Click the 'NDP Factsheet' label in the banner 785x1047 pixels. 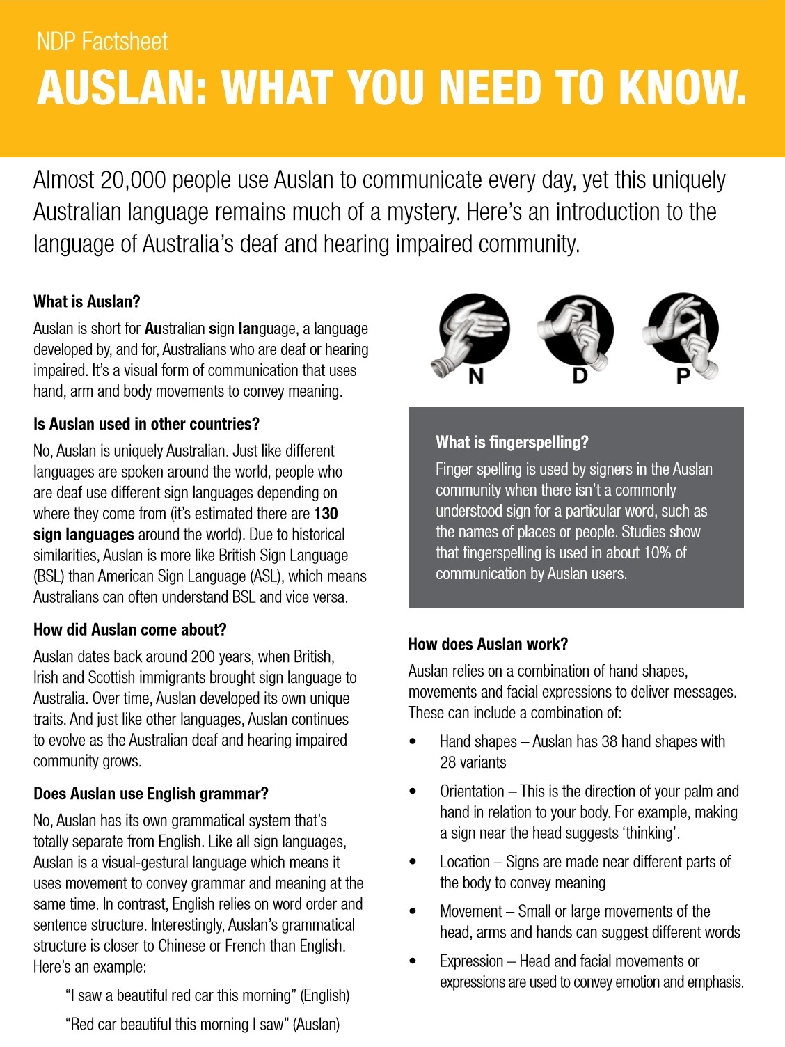(102, 42)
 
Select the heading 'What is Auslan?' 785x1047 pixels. (86, 301)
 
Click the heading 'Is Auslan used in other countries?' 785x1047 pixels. (146, 424)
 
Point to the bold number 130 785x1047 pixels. (326, 514)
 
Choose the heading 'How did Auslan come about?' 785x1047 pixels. (129, 629)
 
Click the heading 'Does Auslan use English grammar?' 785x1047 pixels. (150, 794)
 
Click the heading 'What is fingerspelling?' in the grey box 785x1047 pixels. (512, 442)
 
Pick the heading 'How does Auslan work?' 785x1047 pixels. (488, 644)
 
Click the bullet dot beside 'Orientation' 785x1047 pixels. (413, 792)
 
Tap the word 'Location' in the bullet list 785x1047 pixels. (464, 862)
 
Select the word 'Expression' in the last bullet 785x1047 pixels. (471, 961)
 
